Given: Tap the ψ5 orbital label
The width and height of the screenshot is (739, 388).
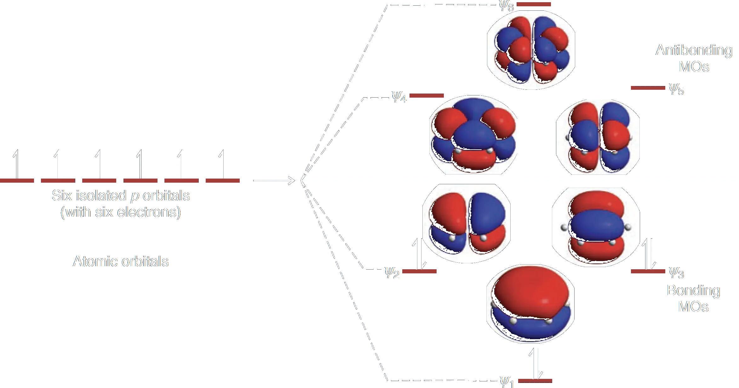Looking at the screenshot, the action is (x=676, y=89).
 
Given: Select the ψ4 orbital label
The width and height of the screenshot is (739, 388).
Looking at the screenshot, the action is (x=399, y=97).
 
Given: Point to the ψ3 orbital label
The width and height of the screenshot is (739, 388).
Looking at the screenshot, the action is (x=676, y=273).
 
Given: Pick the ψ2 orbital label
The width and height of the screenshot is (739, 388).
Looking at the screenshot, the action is (x=392, y=273).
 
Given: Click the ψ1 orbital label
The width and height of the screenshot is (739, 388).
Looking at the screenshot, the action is (x=507, y=382).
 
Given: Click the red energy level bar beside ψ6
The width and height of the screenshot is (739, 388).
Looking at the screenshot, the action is (x=534, y=4).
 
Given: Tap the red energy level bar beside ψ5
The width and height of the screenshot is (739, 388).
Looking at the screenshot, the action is (x=648, y=88).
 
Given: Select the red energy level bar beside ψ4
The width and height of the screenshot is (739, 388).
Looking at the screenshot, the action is (x=427, y=95).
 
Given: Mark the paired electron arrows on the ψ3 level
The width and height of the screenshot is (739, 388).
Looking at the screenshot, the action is (x=649, y=254).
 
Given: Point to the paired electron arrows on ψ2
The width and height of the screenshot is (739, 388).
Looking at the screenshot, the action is (x=420, y=254).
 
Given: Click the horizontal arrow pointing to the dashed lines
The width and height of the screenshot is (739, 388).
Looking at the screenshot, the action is (x=274, y=180).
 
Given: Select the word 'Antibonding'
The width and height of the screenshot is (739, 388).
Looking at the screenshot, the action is (x=694, y=50).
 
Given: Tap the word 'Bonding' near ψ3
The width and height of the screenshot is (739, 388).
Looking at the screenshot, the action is (x=694, y=291).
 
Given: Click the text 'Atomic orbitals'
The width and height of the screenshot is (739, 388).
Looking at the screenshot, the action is (x=121, y=261).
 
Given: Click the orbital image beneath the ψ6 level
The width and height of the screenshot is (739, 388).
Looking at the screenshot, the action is (x=531, y=50).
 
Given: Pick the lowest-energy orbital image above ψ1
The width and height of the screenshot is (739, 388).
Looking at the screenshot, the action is (x=530, y=304).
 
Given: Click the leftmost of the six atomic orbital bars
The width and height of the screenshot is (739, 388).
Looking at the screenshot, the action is (x=17, y=180).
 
